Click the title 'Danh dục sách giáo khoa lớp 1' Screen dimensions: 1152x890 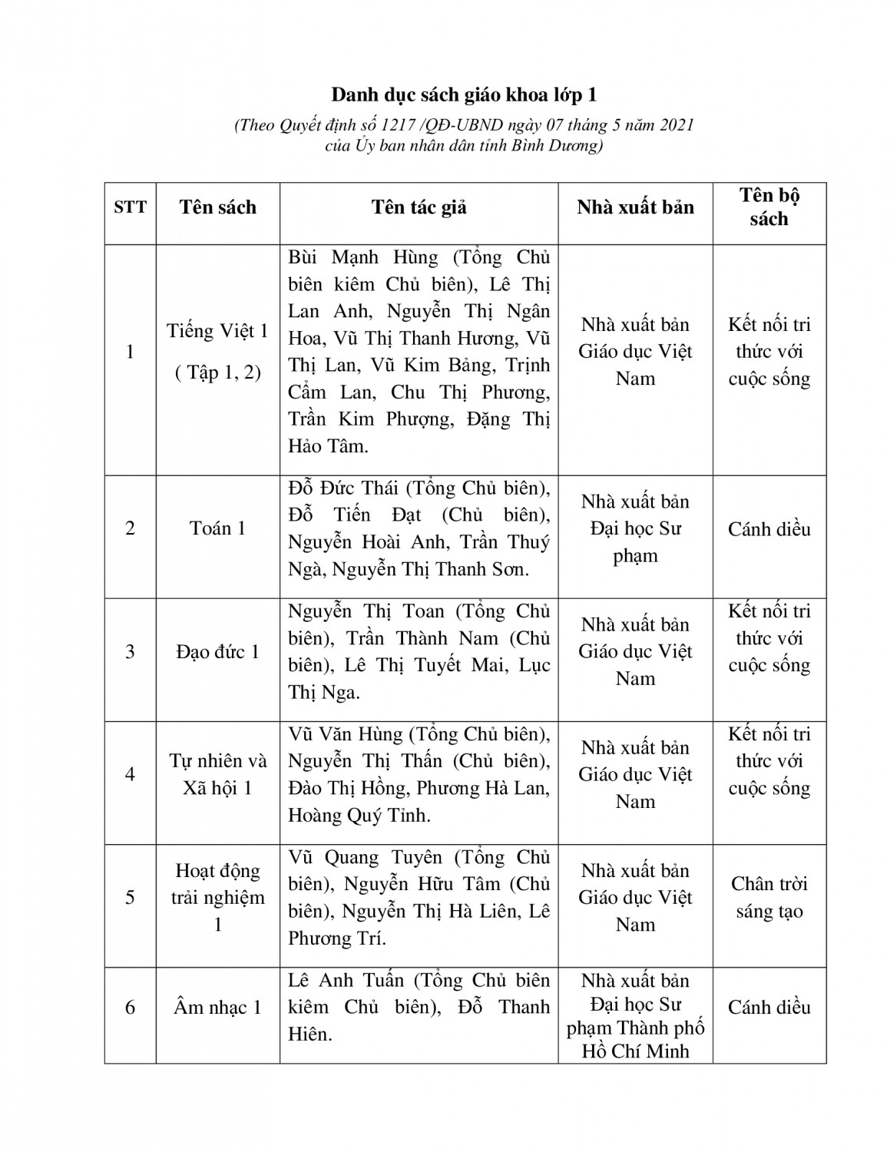464,95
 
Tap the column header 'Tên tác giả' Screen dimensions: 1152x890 419,207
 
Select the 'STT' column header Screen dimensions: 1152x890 130,207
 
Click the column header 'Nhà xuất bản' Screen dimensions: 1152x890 635,207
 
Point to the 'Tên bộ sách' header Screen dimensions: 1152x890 769,207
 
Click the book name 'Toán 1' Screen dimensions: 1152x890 217,528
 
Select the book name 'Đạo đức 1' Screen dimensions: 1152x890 217,652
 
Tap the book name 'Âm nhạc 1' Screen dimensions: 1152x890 217,1007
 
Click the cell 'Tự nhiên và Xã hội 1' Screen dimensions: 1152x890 217,774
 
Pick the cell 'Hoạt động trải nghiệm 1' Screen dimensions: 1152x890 217,897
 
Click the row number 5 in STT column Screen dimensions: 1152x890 130,897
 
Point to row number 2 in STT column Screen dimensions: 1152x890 130,528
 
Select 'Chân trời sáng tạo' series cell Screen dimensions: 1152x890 769,897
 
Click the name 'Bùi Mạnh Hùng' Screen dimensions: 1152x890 362,257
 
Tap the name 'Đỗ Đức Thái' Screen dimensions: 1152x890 343,488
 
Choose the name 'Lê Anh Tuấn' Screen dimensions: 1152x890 346,981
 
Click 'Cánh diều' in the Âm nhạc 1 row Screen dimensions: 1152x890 769,1007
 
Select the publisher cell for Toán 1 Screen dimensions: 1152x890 635,528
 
